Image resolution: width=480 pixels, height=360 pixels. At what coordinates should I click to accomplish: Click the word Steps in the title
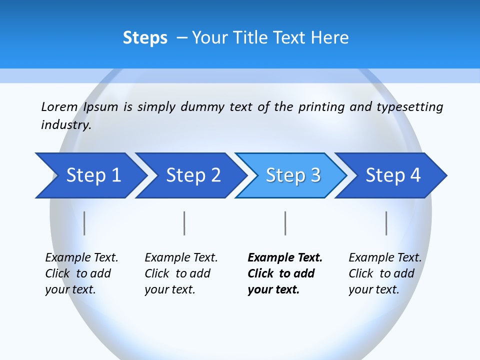[145, 38]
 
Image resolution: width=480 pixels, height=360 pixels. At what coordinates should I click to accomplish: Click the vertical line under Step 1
[84, 223]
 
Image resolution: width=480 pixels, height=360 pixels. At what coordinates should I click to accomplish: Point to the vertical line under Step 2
[184, 223]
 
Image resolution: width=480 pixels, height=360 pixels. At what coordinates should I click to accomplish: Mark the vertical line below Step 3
[285, 223]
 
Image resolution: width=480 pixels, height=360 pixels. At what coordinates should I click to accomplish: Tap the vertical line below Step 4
[386, 223]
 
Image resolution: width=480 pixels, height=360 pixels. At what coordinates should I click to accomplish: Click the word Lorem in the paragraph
[59, 107]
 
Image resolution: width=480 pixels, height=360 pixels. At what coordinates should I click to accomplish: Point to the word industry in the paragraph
[66, 125]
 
